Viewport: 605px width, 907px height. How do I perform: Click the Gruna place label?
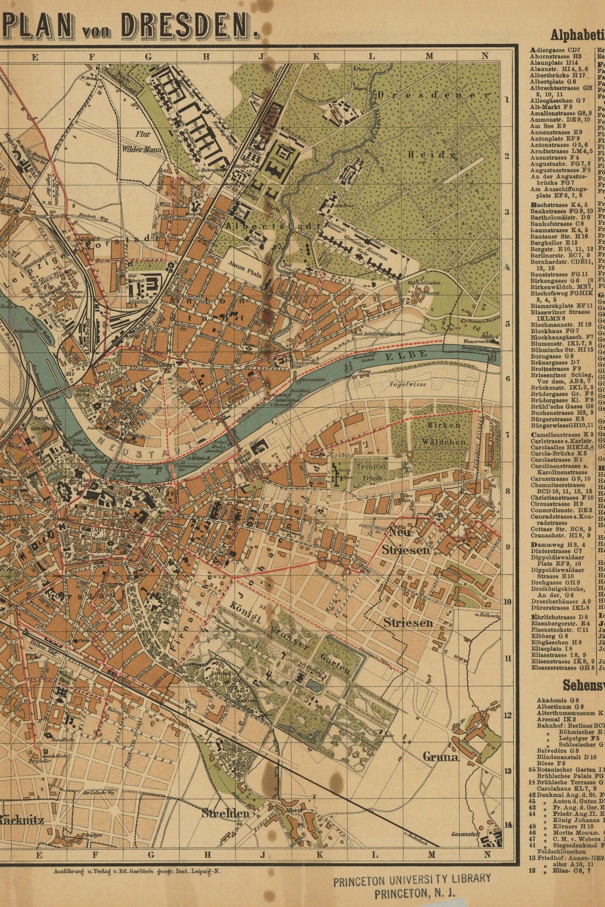[x=440, y=757]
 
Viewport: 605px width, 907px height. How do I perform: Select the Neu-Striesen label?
[x=409, y=541]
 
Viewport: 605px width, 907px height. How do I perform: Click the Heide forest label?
[x=432, y=154]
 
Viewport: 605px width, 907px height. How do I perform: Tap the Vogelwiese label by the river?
[x=408, y=384]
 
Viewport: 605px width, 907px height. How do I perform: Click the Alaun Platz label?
[x=245, y=267]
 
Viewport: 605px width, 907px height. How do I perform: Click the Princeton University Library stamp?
[x=411, y=886]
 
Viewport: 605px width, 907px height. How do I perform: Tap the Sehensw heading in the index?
[x=583, y=685]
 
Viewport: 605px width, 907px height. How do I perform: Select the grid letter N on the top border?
[x=485, y=56]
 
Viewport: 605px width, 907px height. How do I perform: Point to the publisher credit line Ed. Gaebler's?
[x=138, y=871]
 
